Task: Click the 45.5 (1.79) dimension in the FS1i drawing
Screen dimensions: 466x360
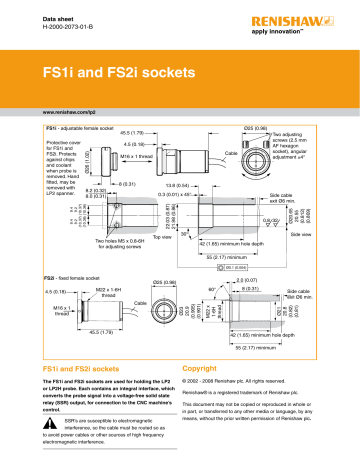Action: click(135, 132)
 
